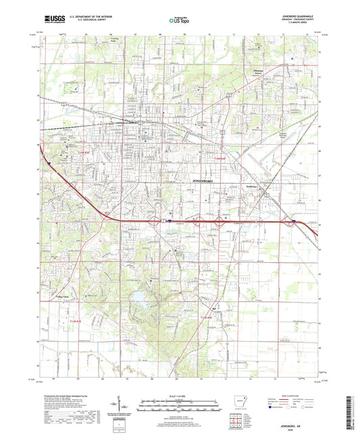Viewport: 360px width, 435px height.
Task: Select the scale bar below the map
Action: point(179,403)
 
